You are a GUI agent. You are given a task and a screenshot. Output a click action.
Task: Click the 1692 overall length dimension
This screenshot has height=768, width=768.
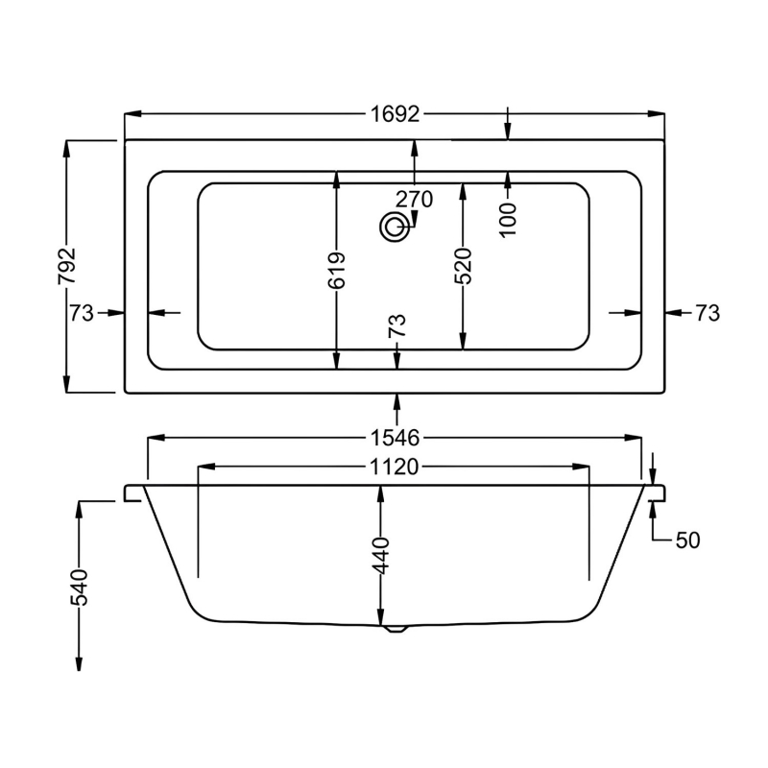(x=395, y=114)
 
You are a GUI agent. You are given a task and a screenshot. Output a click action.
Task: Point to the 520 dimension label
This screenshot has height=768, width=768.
(x=463, y=266)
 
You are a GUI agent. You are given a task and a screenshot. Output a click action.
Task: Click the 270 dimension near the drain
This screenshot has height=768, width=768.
(x=414, y=200)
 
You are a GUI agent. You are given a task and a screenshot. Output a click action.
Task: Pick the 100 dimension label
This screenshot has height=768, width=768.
(x=508, y=218)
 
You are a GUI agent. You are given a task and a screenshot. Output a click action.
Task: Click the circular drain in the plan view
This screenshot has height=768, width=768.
(x=393, y=228)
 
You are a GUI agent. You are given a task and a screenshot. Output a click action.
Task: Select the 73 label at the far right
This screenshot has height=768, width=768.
(x=707, y=313)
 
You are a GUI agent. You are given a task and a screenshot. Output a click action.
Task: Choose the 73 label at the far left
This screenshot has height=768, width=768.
(x=81, y=313)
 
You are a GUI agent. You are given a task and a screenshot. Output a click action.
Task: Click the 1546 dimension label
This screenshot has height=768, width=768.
(x=395, y=439)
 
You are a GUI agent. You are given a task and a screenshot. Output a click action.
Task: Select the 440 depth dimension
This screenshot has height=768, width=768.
(x=382, y=555)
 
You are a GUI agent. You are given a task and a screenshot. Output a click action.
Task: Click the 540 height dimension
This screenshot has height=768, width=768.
(x=78, y=587)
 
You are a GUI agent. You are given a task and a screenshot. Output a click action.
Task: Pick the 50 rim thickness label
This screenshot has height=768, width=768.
(x=687, y=540)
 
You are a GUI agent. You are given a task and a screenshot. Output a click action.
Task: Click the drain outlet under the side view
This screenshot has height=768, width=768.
(x=395, y=630)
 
